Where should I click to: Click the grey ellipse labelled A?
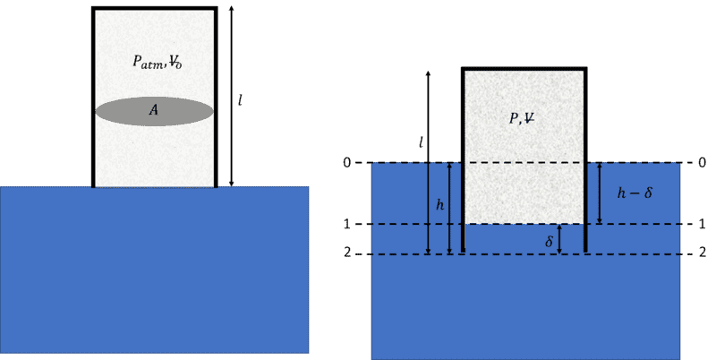click(154, 111)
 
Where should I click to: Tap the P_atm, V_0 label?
click(158, 62)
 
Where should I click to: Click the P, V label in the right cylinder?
click(522, 118)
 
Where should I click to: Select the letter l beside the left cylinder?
click(240, 100)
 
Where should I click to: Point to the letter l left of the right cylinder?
click(421, 143)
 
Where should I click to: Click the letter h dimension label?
click(439, 205)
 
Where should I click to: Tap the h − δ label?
click(635, 193)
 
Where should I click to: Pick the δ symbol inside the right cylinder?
click(550, 241)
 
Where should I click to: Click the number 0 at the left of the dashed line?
click(347, 163)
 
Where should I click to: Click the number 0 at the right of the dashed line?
click(703, 162)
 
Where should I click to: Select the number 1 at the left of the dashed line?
click(347, 224)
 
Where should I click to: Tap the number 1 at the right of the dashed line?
click(703, 224)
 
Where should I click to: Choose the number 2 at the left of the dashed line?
click(347, 253)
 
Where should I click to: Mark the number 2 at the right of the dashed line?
click(703, 253)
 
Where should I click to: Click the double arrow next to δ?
click(559, 239)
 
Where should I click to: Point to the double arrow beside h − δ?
click(600, 193)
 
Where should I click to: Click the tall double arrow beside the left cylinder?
click(232, 97)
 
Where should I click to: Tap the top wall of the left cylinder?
click(154, 8)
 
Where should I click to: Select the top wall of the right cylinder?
click(524, 69)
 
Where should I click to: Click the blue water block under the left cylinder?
click(154, 270)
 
